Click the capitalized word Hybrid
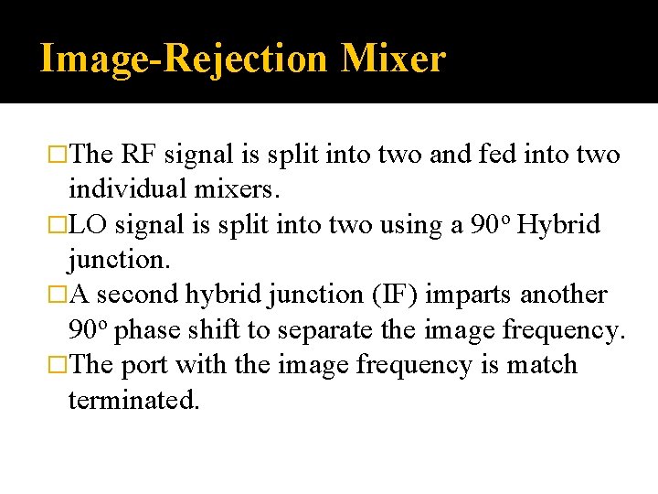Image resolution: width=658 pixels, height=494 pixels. (558, 225)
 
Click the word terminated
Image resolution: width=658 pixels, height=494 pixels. (133, 400)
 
